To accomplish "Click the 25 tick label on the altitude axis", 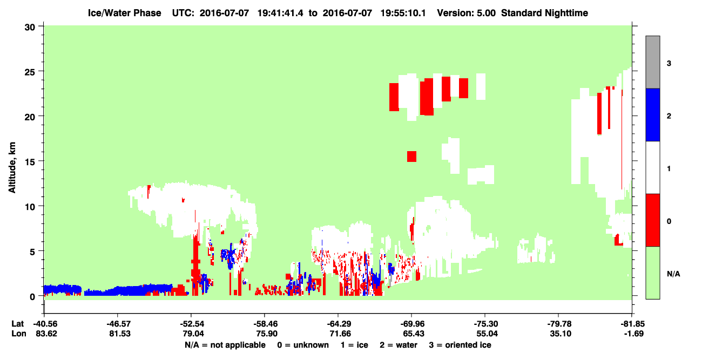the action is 30,72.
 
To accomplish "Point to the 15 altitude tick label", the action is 30,162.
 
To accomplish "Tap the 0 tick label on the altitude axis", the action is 32,297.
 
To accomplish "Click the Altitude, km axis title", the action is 12,168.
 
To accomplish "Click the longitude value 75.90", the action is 266,334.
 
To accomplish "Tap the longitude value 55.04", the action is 487,334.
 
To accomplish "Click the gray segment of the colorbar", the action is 653,62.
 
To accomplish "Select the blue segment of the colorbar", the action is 653,114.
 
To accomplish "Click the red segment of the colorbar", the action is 653,220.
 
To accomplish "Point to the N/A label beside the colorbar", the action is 673,274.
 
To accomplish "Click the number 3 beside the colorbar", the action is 669,64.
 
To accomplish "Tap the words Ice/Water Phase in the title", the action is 124,13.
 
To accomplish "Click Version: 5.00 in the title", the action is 467,13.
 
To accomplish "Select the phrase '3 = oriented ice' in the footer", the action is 460,345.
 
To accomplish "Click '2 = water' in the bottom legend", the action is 399,345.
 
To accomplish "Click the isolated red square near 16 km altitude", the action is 412,157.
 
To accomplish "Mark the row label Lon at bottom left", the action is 19,334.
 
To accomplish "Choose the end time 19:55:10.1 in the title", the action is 403,13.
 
